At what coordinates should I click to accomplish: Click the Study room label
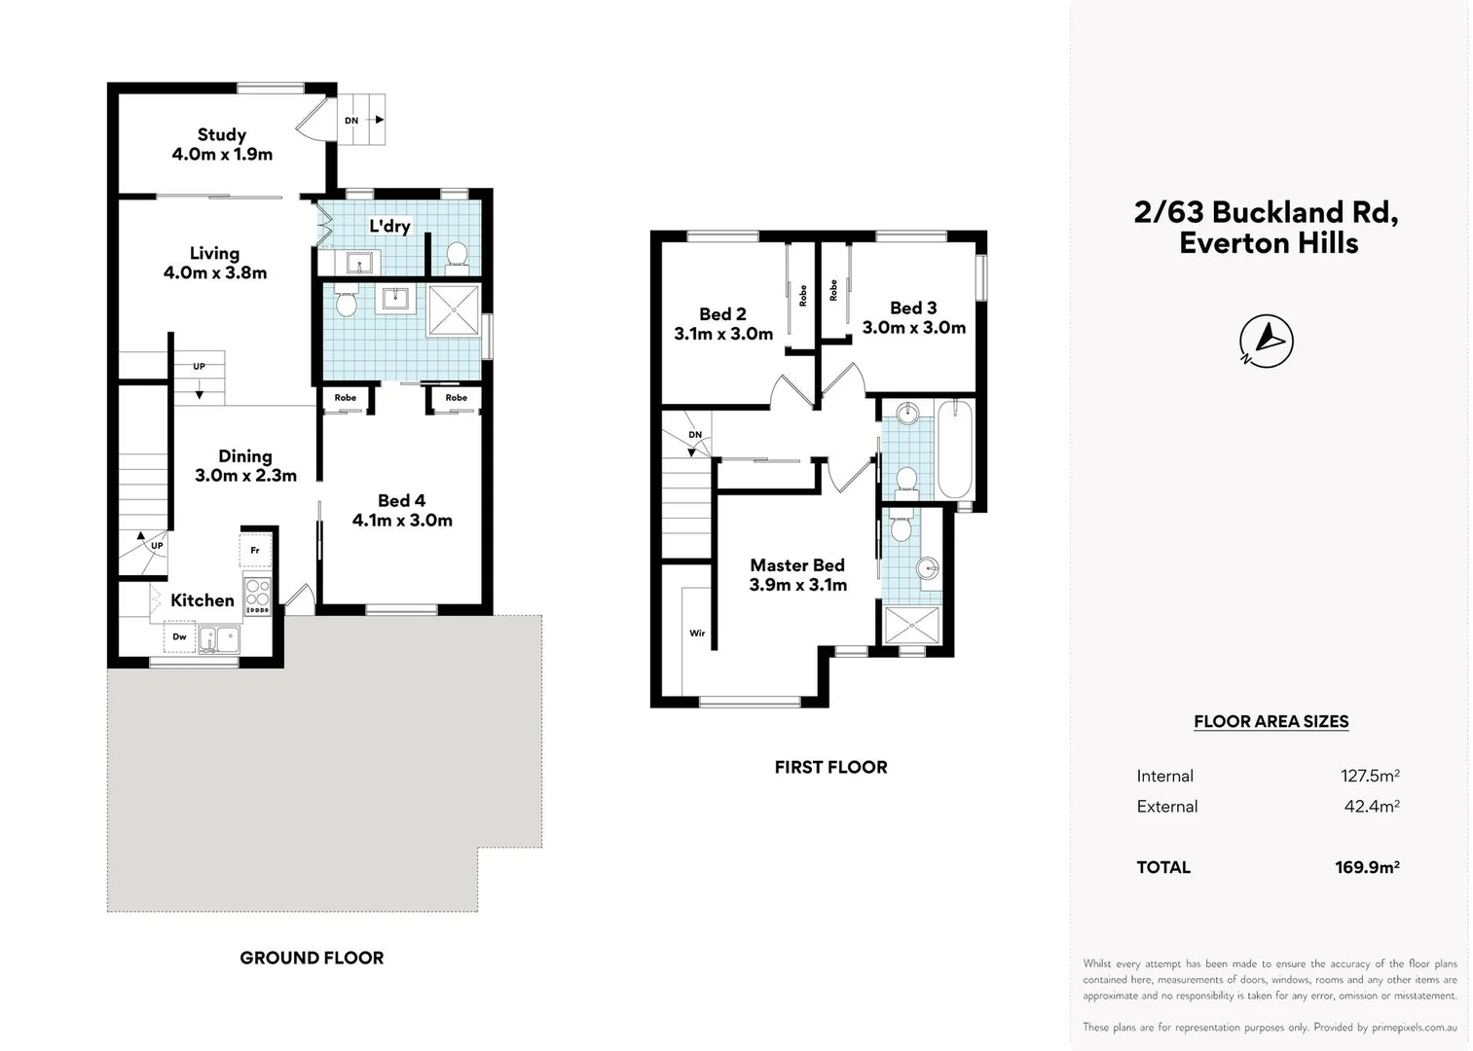tap(222, 144)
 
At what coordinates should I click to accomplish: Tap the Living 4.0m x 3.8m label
tap(214, 263)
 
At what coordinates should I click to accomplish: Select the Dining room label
tap(245, 465)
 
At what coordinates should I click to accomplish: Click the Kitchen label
tap(203, 600)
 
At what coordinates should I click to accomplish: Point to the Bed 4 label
tap(402, 510)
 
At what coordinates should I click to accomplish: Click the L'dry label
tap(389, 226)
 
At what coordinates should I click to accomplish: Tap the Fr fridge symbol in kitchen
tap(255, 550)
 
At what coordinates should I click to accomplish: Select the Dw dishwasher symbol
tap(180, 637)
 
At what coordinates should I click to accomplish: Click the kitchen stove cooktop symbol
tap(257, 594)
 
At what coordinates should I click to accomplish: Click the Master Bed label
tap(797, 574)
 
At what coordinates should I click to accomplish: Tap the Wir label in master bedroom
tap(697, 633)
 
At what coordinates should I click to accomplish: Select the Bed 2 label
tap(723, 323)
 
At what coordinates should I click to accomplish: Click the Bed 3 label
tap(913, 317)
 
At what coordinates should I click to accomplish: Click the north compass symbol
tap(1267, 341)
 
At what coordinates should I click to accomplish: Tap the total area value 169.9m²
tap(1367, 867)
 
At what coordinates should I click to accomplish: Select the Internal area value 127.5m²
tap(1370, 776)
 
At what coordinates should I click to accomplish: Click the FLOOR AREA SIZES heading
tap(1270, 721)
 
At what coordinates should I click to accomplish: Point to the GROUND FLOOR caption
tap(312, 958)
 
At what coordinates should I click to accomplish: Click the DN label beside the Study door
tap(351, 121)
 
